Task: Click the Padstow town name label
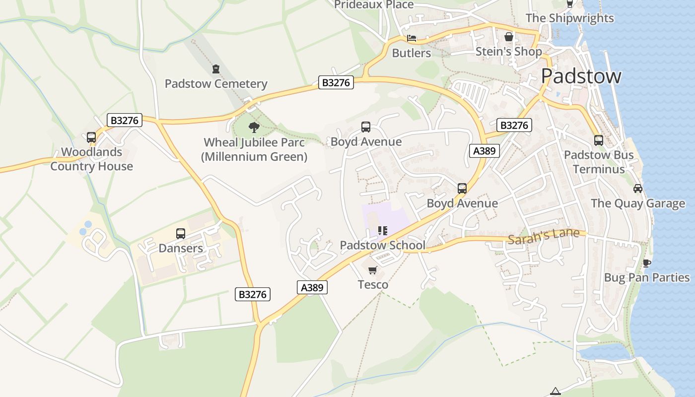pyautogui.click(x=581, y=76)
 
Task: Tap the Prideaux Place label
pyautogui.click(x=373, y=5)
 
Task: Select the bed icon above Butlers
pyautogui.click(x=412, y=38)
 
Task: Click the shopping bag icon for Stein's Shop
pyautogui.click(x=508, y=37)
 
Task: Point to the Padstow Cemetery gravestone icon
pyautogui.click(x=216, y=69)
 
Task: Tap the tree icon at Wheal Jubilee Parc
pyautogui.click(x=254, y=128)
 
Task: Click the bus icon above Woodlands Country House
pyautogui.click(x=91, y=137)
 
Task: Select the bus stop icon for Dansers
pyautogui.click(x=181, y=234)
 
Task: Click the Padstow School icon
pyautogui.click(x=382, y=231)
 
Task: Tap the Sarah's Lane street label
pyautogui.click(x=543, y=236)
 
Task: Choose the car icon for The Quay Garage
pyautogui.click(x=638, y=189)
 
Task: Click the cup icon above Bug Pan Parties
pyautogui.click(x=646, y=263)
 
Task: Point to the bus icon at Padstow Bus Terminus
pyautogui.click(x=599, y=140)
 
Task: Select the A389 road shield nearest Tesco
pyautogui.click(x=313, y=287)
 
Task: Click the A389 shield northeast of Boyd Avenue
pyautogui.click(x=484, y=151)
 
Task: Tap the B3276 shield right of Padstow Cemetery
pyautogui.click(x=336, y=83)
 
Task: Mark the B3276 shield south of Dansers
pyautogui.click(x=253, y=294)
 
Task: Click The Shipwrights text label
pyautogui.click(x=569, y=18)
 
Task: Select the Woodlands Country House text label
pyautogui.click(x=92, y=159)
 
